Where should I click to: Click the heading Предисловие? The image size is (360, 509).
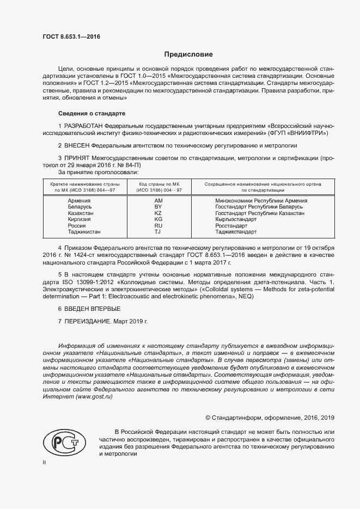point(188,54)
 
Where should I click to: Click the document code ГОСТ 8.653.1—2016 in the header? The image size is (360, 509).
point(71,36)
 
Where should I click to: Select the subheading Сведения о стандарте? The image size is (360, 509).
point(91,113)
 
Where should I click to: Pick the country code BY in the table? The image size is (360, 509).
point(158,207)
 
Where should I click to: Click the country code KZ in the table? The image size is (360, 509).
point(158,213)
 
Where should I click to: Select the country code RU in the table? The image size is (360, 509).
point(158,225)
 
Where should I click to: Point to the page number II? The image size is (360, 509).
point(45,462)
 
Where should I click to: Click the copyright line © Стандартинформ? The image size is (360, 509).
point(270,418)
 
